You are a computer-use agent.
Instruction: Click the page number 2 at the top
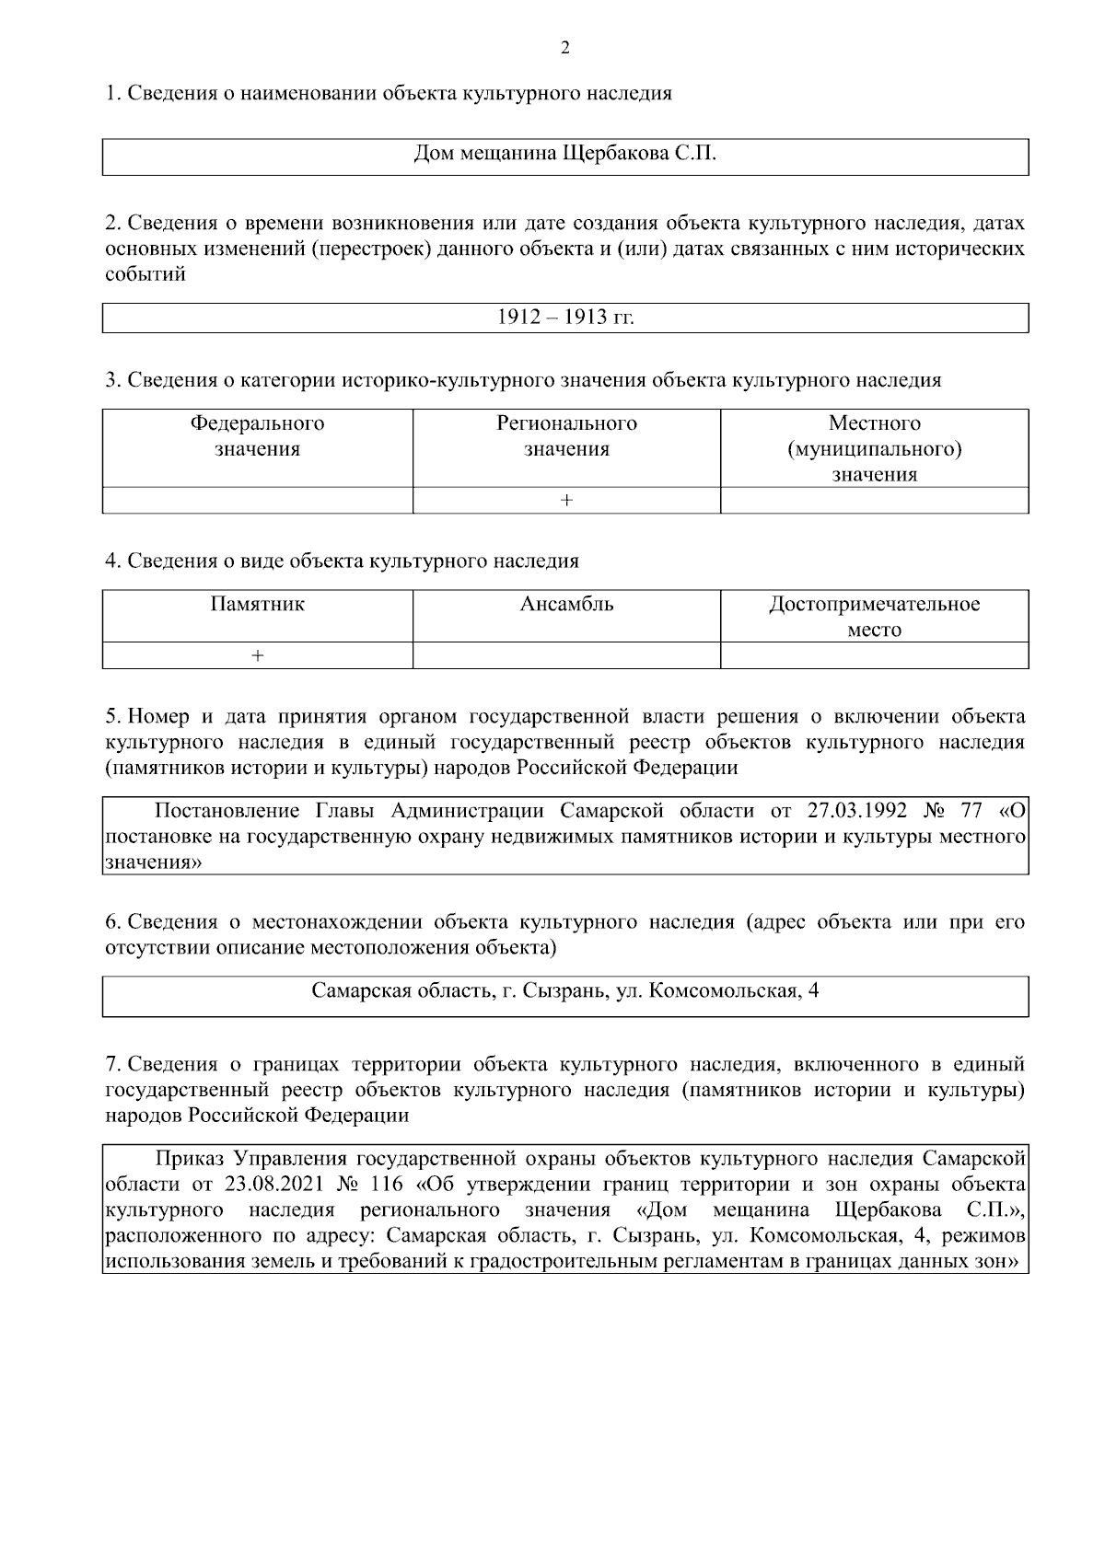click(x=564, y=49)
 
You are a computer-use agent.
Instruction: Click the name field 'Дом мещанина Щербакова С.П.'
click(x=564, y=156)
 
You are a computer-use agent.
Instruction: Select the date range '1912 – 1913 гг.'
click(x=564, y=318)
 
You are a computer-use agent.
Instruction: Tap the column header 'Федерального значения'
click(x=257, y=436)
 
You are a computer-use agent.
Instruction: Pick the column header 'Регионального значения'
click(x=566, y=436)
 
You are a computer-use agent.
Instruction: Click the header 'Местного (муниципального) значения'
click(x=874, y=448)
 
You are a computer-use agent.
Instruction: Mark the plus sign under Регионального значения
click(x=566, y=500)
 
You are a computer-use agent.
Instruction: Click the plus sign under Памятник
click(x=257, y=655)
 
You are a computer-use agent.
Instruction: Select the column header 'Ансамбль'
click(x=566, y=605)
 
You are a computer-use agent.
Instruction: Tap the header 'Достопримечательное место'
click(x=874, y=617)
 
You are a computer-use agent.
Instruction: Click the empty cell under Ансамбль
click(x=566, y=655)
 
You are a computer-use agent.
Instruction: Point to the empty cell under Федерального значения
click(x=257, y=500)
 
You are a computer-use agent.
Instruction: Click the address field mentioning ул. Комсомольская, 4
click(x=564, y=991)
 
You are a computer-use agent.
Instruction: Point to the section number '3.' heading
click(x=113, y=380)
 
